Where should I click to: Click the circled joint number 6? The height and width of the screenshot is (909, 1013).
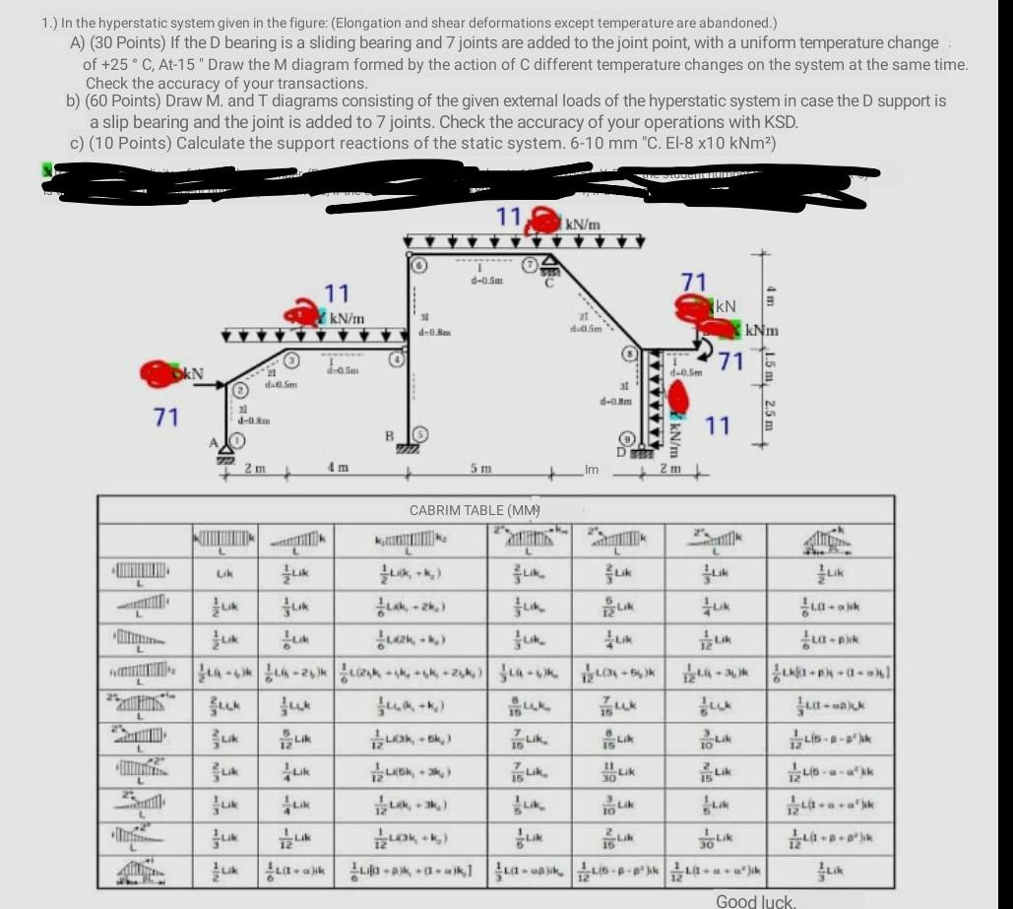click(416, 265)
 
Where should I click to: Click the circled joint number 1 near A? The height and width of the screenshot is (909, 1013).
click(235, 438)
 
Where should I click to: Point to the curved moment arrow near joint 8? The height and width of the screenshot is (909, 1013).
click(705, 351)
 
